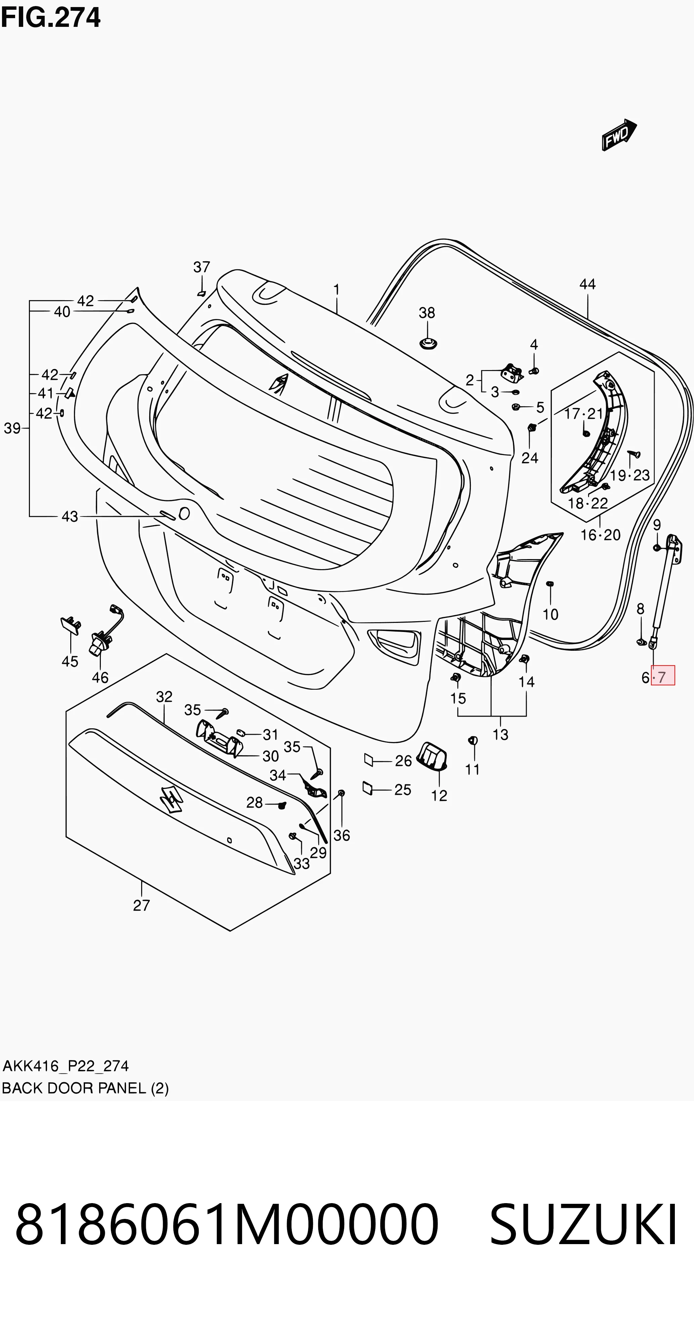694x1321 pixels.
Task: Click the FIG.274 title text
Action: [50, 18]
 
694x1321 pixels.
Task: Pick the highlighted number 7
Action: [662, 677]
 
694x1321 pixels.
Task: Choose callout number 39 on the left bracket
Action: [12, 428]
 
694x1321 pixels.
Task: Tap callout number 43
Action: [70, 516]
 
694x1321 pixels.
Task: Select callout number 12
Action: [439, 795]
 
